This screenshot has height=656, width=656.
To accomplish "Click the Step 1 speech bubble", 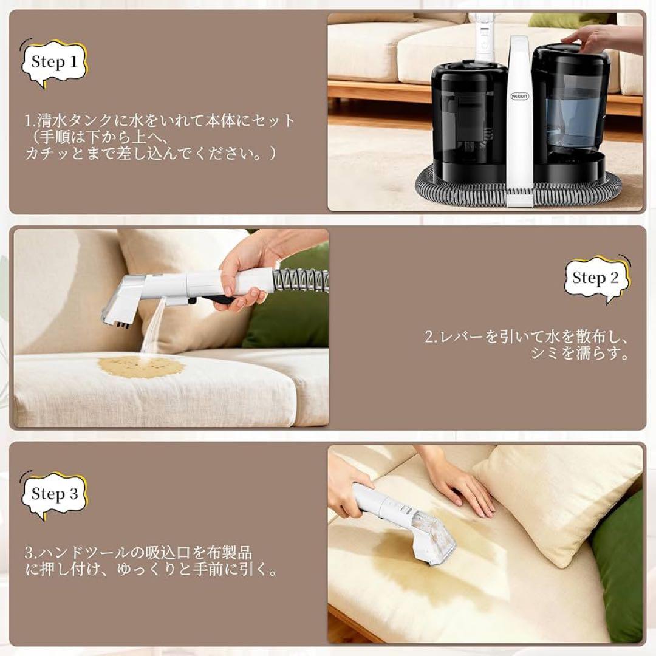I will click(x=54, y=62).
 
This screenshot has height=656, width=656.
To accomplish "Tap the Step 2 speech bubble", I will click(x=595, y=279).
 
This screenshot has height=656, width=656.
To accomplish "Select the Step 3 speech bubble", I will click(x=54, y=494).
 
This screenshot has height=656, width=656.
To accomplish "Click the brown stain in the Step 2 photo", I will click(x=141, y=366).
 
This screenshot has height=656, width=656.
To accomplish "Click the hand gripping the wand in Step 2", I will click(x=243, y=273).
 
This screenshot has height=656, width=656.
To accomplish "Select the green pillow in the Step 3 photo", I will click(x=620, y=565).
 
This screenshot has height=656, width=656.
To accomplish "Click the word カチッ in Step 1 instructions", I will click(x=46, y=154).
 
